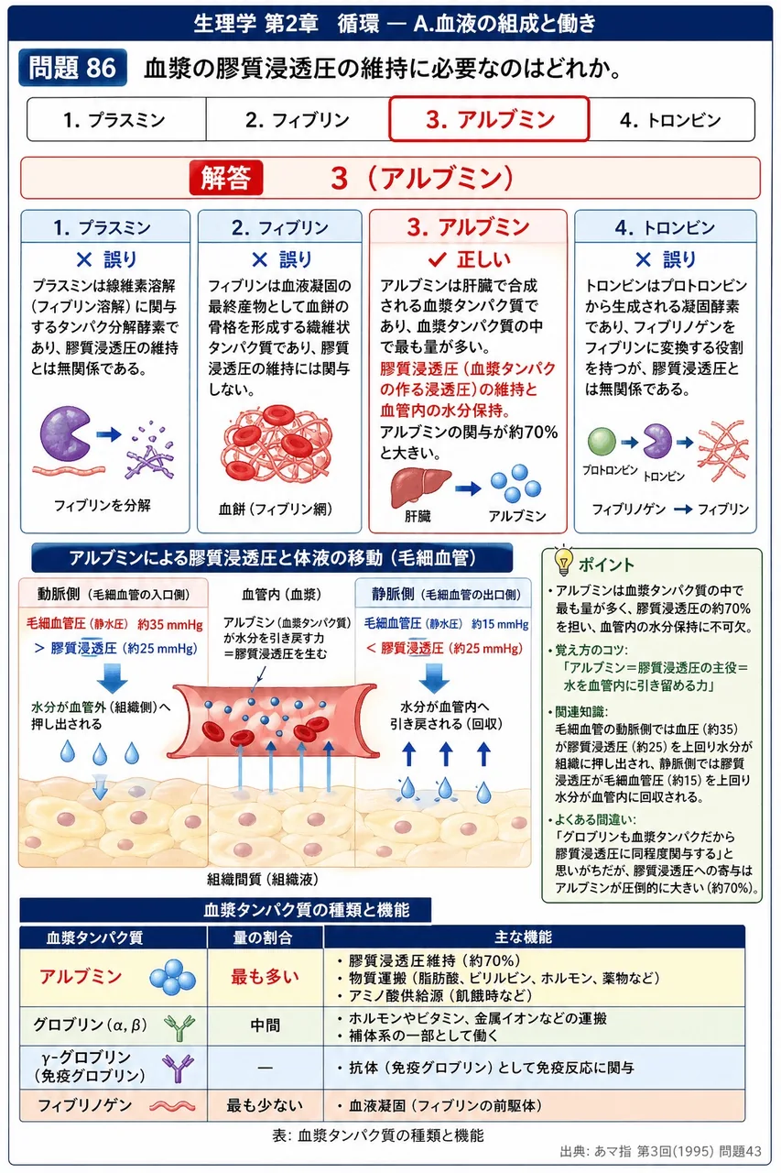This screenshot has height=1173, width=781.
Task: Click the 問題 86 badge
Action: coord(72,68)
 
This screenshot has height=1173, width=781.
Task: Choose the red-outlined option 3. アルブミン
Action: coord(489,119)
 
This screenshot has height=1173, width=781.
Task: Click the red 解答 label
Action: coord(225,178)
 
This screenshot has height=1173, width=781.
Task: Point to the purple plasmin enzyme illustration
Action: coord(65,433)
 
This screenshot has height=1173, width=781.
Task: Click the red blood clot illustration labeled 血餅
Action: coord(276,444)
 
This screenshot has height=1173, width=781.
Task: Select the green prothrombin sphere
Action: coord(602,441)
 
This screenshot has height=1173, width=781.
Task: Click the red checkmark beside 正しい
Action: coord(437,258)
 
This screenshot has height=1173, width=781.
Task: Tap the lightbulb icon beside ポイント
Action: coord(563,560)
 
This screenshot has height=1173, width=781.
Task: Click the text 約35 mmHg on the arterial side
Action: coord(170,624)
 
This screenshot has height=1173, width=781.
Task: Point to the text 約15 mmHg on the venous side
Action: coord(500,624)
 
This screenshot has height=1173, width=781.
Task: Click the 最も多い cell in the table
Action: coord(266,977)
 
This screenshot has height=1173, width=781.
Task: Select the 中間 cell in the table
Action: coord(266,1025)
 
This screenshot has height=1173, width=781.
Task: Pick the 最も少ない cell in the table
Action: coord(266,1105)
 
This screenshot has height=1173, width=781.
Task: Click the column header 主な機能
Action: coord(523,937)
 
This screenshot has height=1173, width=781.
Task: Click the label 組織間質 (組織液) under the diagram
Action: coord(263,879)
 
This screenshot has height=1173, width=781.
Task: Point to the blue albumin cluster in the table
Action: coord(173,977)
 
